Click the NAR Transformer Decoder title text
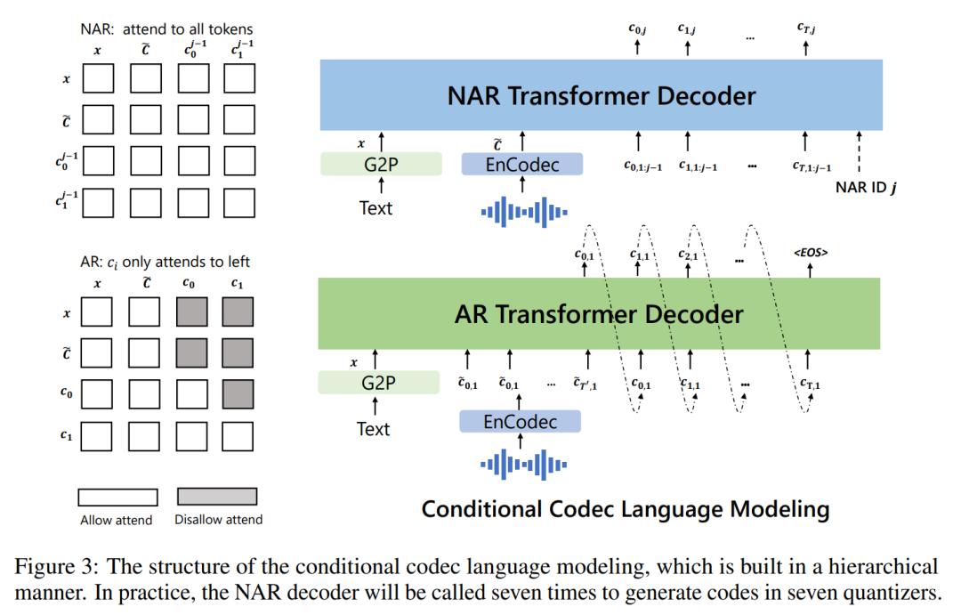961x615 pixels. [x=602, y=96]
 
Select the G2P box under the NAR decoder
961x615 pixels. [x=380, y=164]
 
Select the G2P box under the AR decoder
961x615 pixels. [x=378, y=383]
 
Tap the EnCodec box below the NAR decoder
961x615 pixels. [x=521, y=164]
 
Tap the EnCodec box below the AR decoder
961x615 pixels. [x=520, y=422]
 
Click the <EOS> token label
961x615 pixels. [x=811, y=253]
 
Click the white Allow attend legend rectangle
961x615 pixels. [x=117, y=497]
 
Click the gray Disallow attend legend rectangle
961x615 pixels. [x=217, y=497]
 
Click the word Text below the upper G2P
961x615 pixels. [x=374, y=209]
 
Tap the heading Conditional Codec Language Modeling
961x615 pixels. [x=625, y=510]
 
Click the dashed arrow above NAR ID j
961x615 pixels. [x=860, y=156]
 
